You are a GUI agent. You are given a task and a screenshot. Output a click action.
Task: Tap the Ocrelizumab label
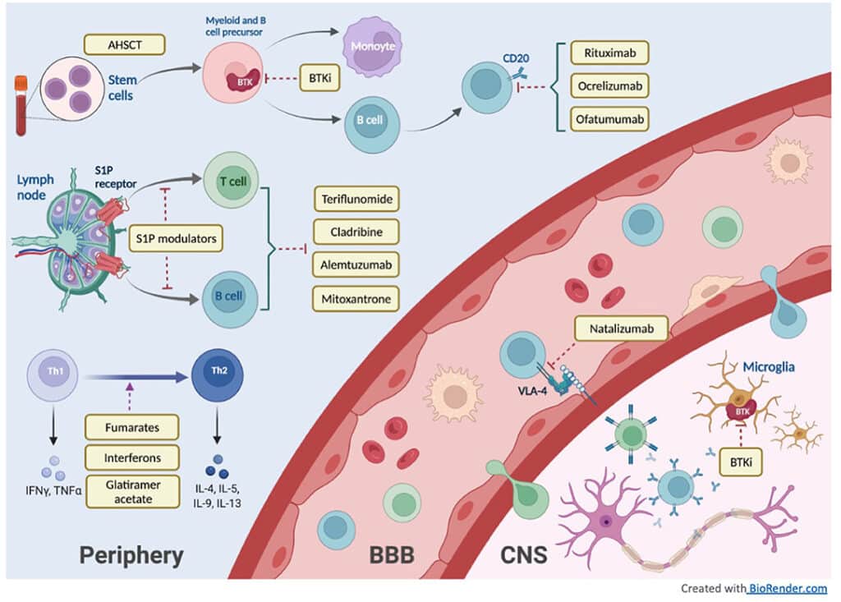(608, 86)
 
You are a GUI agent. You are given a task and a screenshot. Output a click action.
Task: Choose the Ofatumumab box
(608, 118)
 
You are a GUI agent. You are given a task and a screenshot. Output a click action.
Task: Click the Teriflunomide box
(356, 200)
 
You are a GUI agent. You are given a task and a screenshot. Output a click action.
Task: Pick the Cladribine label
(356, 232)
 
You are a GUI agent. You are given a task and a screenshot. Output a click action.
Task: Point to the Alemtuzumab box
(356, 264)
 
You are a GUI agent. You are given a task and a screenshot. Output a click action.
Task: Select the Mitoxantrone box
(356, 297)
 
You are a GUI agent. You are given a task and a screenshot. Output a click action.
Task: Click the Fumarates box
(132, 428)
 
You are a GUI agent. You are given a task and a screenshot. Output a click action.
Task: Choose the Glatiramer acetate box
(132, 491)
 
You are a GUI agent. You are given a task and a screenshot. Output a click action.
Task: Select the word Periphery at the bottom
(131, 555)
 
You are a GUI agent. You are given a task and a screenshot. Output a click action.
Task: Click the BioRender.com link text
(787, 588)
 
